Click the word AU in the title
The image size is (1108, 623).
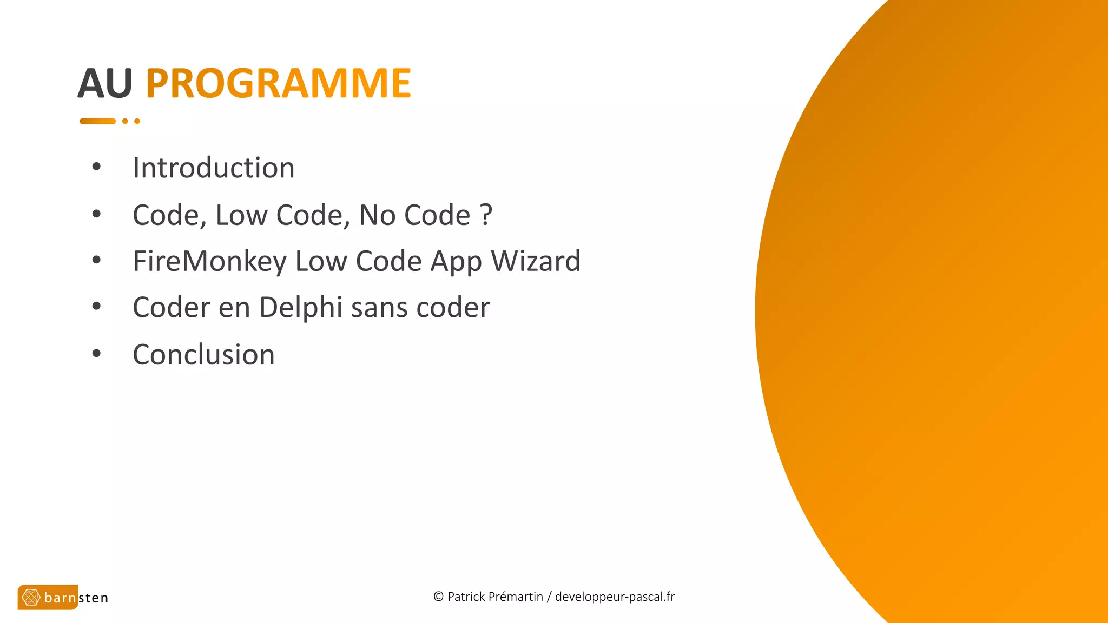point(105,84)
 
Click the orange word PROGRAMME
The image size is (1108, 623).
point(278,84)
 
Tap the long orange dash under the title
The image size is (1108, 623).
point(97,121)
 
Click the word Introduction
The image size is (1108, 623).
point(214,168)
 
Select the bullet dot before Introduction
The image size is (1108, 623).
point(97,167)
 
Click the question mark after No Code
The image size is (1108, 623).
point(486,215)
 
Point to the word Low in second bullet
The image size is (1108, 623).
point(242,215)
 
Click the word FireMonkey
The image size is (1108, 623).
point(209,261)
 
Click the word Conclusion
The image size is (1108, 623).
point(203,355)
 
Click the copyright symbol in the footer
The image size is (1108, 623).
point(438,597)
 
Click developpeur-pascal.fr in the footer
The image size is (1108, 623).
point(615,597)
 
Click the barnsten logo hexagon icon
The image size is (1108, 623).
point(31,598)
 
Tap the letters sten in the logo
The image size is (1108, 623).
point(93,598)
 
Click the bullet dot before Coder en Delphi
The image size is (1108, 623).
point(97,307)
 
